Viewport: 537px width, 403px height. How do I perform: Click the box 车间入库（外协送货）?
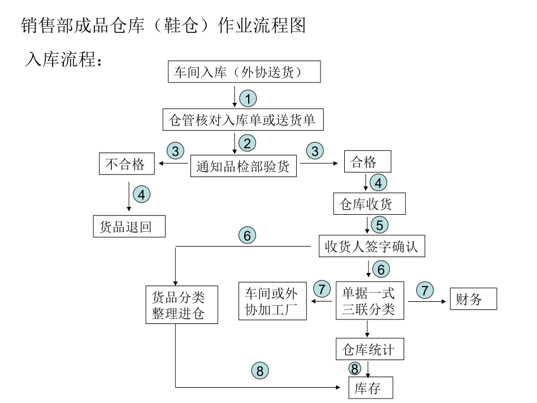point(245,72)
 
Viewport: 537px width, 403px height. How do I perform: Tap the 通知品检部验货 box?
point(244,166)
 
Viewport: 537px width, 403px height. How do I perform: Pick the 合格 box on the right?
point(368,163)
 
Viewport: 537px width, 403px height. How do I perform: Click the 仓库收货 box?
point(370,204)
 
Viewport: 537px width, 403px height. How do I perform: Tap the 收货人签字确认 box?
point(372,246)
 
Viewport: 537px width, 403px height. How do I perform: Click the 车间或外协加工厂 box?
point(272,301)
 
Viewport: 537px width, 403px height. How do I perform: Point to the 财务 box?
point(473,299)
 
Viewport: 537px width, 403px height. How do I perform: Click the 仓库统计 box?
point(370,349)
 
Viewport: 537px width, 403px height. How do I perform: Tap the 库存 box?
point(370,388)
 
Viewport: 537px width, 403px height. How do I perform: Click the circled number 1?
point(248,98)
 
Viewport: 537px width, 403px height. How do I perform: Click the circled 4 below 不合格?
point(141,194)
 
